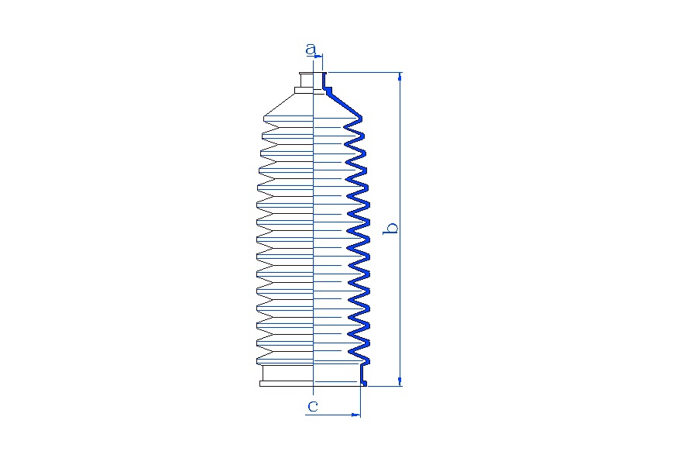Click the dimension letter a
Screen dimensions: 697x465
[x=311, y=49]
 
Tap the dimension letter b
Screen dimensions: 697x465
[x=391, y=228]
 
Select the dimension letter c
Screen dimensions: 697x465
[x=313, y=406]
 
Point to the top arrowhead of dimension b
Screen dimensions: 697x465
[x=400, y=77]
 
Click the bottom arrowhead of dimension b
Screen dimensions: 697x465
[x=400, y=381]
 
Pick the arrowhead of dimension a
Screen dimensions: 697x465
[x=318, y=56]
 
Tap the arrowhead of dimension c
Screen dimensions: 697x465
[x=355, y=415]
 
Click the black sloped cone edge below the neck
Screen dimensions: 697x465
[x=279, y=105]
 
